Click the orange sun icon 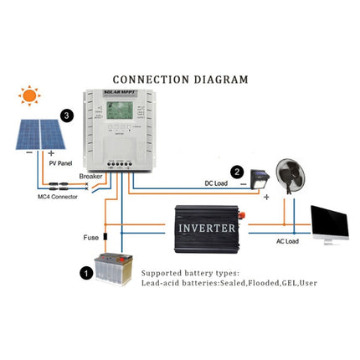[x=30, y=95]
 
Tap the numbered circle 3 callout [x=66, y=116]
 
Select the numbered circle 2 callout [x=238, y=172]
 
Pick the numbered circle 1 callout [x=85, y=272]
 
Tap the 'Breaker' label [x=91, y=177]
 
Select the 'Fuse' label [x=91, y=237]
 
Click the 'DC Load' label [x=219, y=183]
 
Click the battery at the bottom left [x=113, y=270]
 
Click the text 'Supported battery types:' [x=190, y=273]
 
